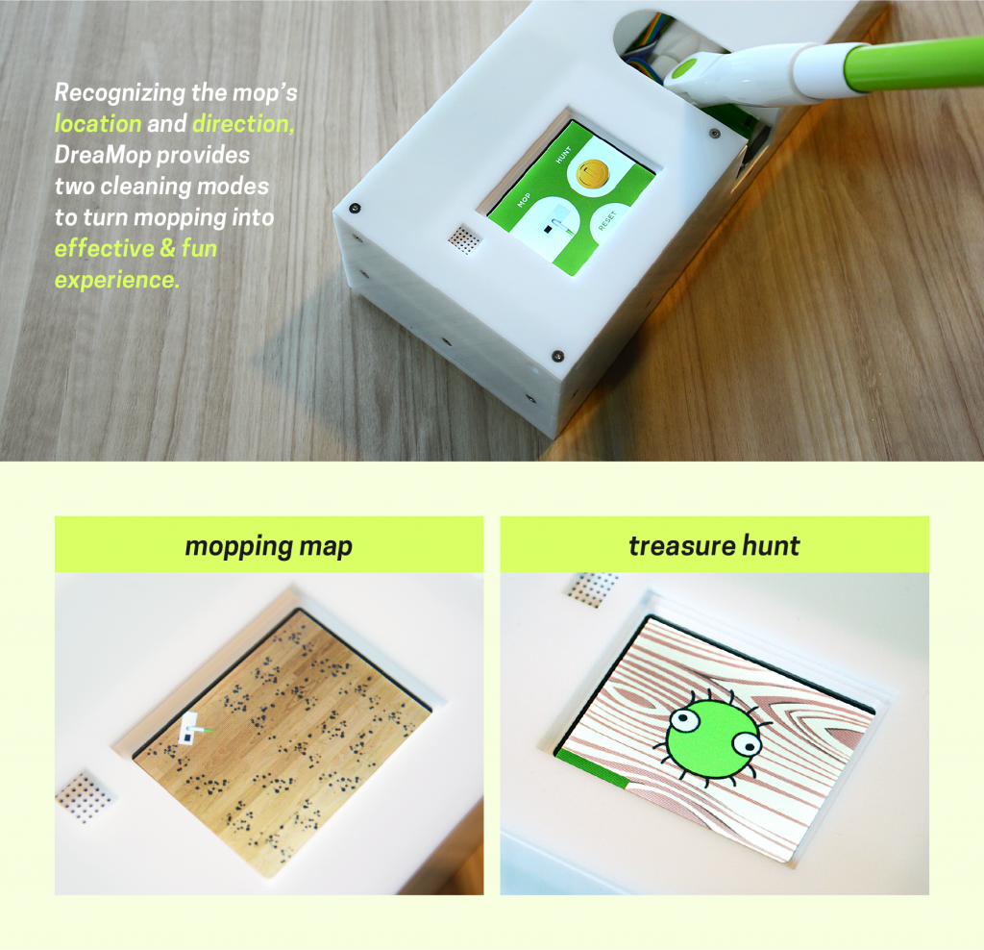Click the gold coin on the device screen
[x=592, y=174]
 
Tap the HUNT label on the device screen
[x=563, y=155]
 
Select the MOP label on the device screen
[x=524, y=200]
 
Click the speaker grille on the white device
[x=465, y=239]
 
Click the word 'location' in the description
[x=98, y=124]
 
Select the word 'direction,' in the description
[x=243, y=124]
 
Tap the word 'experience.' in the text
[x=117, y=280]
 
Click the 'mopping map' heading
[x=269, y=545]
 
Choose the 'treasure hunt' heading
[x=714, y=545]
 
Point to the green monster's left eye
[x=681, y=719]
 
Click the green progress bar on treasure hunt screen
[x=592, y=768]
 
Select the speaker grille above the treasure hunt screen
[x=592, y=589]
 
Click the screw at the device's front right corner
[x=557, y=357]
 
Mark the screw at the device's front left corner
[x=355, y=207]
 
